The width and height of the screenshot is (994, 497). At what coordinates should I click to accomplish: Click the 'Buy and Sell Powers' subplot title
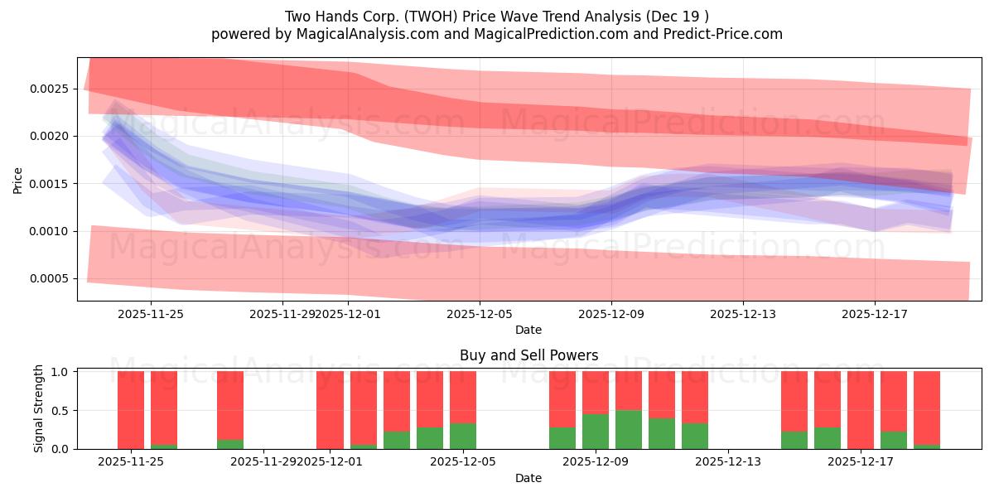528,355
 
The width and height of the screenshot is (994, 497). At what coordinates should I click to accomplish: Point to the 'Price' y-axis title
18,180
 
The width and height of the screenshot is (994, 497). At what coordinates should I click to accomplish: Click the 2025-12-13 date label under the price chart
742,314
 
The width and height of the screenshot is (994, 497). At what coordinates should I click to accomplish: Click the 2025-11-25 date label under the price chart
150,314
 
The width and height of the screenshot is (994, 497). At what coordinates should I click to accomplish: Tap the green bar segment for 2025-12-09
596,432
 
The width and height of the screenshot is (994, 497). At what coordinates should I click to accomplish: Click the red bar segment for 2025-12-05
463,398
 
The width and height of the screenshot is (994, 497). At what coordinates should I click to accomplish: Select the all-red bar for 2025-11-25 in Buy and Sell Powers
131,410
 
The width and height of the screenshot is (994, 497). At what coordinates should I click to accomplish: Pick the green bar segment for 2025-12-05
463,437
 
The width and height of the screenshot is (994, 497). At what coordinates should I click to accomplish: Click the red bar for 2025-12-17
861,410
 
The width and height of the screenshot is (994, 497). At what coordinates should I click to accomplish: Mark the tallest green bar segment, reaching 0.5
629,430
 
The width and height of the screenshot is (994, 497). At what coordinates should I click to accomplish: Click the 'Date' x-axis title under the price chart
528,330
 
